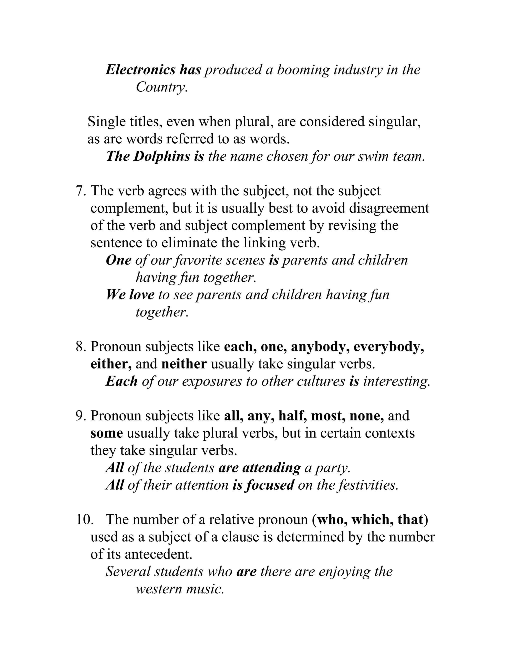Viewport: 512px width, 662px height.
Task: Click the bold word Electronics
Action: point(140,70)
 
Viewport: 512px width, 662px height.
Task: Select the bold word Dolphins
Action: point(162,156)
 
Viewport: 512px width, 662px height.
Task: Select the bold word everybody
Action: point(388,347)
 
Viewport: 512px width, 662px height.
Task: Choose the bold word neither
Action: point(184,364)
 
